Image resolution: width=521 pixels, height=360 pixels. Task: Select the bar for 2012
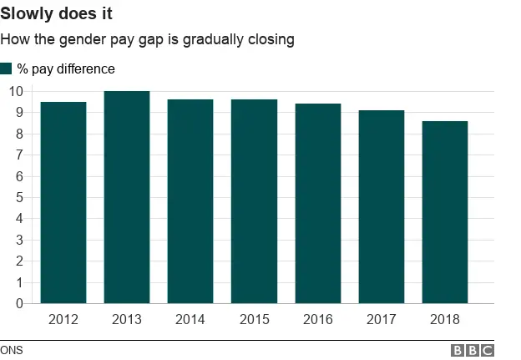[63, 202]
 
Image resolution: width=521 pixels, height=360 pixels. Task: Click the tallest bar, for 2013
[127, 197]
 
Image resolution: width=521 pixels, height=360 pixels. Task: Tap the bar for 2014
[190, 201]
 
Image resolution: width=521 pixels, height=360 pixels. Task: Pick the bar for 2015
[254, 201]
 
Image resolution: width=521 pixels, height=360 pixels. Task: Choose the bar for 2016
[317, 203]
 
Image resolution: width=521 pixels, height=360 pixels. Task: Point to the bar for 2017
[381, 206]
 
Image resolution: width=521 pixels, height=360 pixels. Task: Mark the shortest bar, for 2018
[444, 212]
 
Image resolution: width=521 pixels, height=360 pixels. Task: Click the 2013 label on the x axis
[127, 319]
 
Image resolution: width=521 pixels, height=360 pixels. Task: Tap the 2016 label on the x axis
[317, 319]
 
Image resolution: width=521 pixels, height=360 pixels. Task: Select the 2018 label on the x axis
[444, 319]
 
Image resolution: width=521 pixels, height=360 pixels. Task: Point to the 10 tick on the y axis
[15, 91]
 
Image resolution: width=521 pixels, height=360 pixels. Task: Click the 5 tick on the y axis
[18, 197]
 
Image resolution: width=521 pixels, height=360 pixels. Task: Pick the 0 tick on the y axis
[18, 304]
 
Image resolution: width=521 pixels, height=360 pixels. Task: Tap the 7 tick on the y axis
[18, 155]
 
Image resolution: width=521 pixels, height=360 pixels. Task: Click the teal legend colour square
[7, 68]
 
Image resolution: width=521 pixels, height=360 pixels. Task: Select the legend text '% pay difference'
[66, 69]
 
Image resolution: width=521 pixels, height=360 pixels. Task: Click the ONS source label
[12, 350]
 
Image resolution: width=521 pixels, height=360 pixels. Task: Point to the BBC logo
[473, 351]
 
